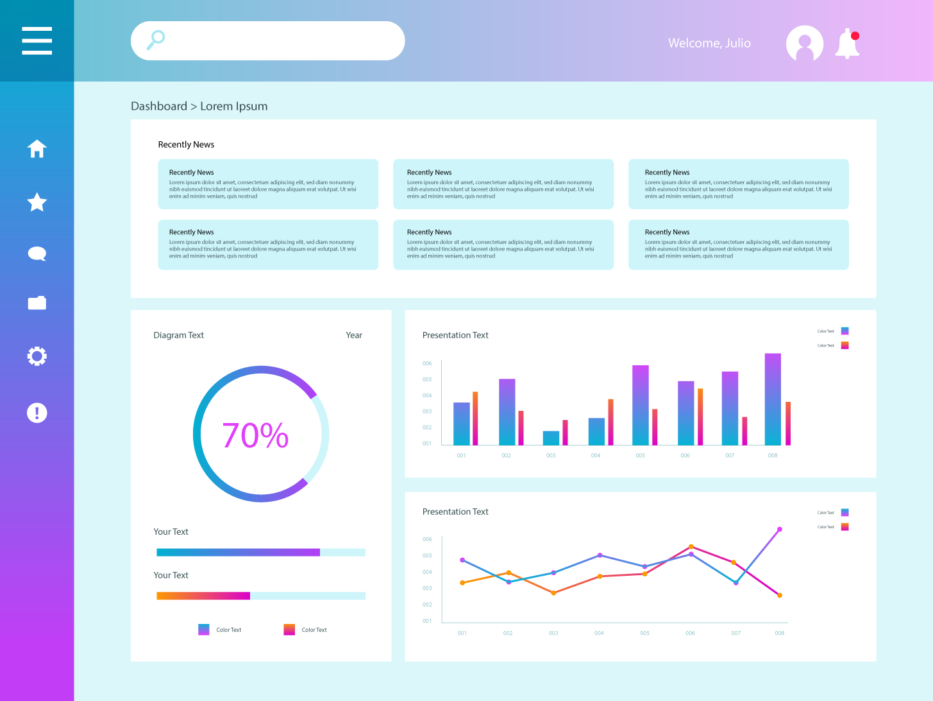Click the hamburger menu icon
[x=37, y=40]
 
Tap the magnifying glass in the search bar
[x=156, y=40]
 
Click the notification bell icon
[x=847, y=44]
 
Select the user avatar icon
[x=804, y=44]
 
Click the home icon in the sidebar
[x=37, y=149]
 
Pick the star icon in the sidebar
[x=37, y=202]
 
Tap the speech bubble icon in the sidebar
[x=37, y=254]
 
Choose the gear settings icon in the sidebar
[x=37, y=356]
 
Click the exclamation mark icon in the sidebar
[x=37, y=413]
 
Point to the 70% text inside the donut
[x=255, y=435]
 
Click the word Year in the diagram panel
[x=354, y=335]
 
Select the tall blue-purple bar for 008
[x=773, y=399]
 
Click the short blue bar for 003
[x=551, y=438]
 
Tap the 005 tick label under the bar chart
[x=641, y=456]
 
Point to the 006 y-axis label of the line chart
[x=427, y=539]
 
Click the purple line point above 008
[x=780, y=530]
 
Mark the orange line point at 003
[x=553, y=593]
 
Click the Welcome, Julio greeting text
[x=709, y=43]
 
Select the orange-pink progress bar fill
[x=203, y=596]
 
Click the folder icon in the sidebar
[x=37, y=303]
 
